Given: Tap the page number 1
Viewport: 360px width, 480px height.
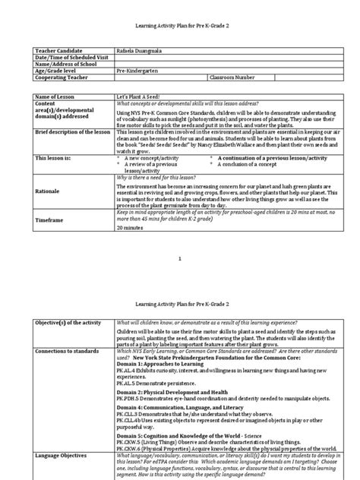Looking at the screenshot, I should (x=180, y=260).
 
